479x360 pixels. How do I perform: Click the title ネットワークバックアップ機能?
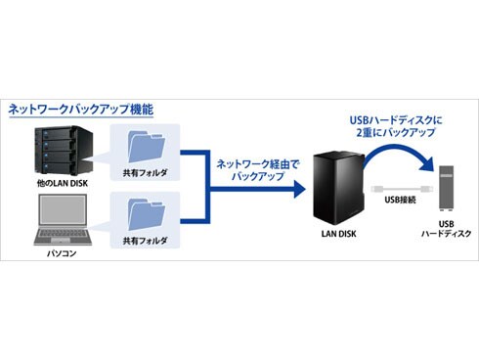tap(80, 110)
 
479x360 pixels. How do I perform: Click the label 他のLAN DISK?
tap(60, 183)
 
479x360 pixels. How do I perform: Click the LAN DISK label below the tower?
tap(335, 236)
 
